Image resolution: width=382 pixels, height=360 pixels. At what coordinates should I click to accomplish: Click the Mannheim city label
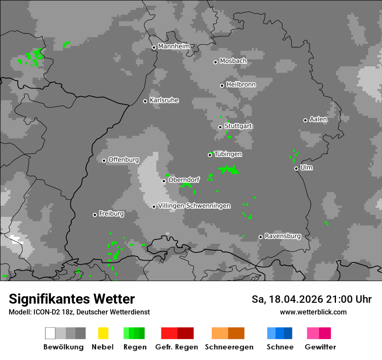click(x=174, y=46)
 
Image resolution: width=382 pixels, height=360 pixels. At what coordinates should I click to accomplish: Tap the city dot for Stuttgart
click(x=220, y=127)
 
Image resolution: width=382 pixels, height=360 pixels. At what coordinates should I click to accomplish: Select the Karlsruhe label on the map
click(x=164, y=100)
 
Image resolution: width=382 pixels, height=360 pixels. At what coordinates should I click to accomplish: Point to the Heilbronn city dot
click(x=222, y=85)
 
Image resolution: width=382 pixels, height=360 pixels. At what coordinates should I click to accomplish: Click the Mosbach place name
click(x=233, y=61)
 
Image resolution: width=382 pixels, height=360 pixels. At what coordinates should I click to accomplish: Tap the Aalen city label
click(x=318, y=119)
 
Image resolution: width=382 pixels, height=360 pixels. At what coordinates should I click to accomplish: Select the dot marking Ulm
click(x=296, y=168)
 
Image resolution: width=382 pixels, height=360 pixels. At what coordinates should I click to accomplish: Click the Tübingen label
click(x=228, y=154)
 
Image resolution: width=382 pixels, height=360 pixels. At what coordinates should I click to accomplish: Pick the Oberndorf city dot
click(x=164, y=181)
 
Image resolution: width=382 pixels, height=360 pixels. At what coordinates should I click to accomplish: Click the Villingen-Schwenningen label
click(x=194, y=206)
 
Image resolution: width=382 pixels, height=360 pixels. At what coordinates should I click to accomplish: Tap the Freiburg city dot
click(x=95, y=215)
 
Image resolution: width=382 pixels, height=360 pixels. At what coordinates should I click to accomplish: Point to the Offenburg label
click(x=123, y=160)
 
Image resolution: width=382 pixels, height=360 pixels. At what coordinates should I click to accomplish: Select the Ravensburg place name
click(x=283, y=236)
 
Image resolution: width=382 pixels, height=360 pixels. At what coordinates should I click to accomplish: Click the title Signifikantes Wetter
click(x=72, y=299)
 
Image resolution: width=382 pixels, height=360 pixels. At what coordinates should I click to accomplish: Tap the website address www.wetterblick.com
click(x=313, y=312)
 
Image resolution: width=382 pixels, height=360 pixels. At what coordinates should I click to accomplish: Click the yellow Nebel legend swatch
click(x=103, y=333)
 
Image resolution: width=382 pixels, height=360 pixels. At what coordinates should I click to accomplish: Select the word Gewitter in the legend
click(x=320, y=347)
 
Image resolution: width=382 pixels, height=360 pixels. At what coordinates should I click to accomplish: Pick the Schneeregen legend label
click(x=229, y=347)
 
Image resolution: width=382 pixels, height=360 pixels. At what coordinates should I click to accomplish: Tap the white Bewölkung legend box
click(x=50, y=333)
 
